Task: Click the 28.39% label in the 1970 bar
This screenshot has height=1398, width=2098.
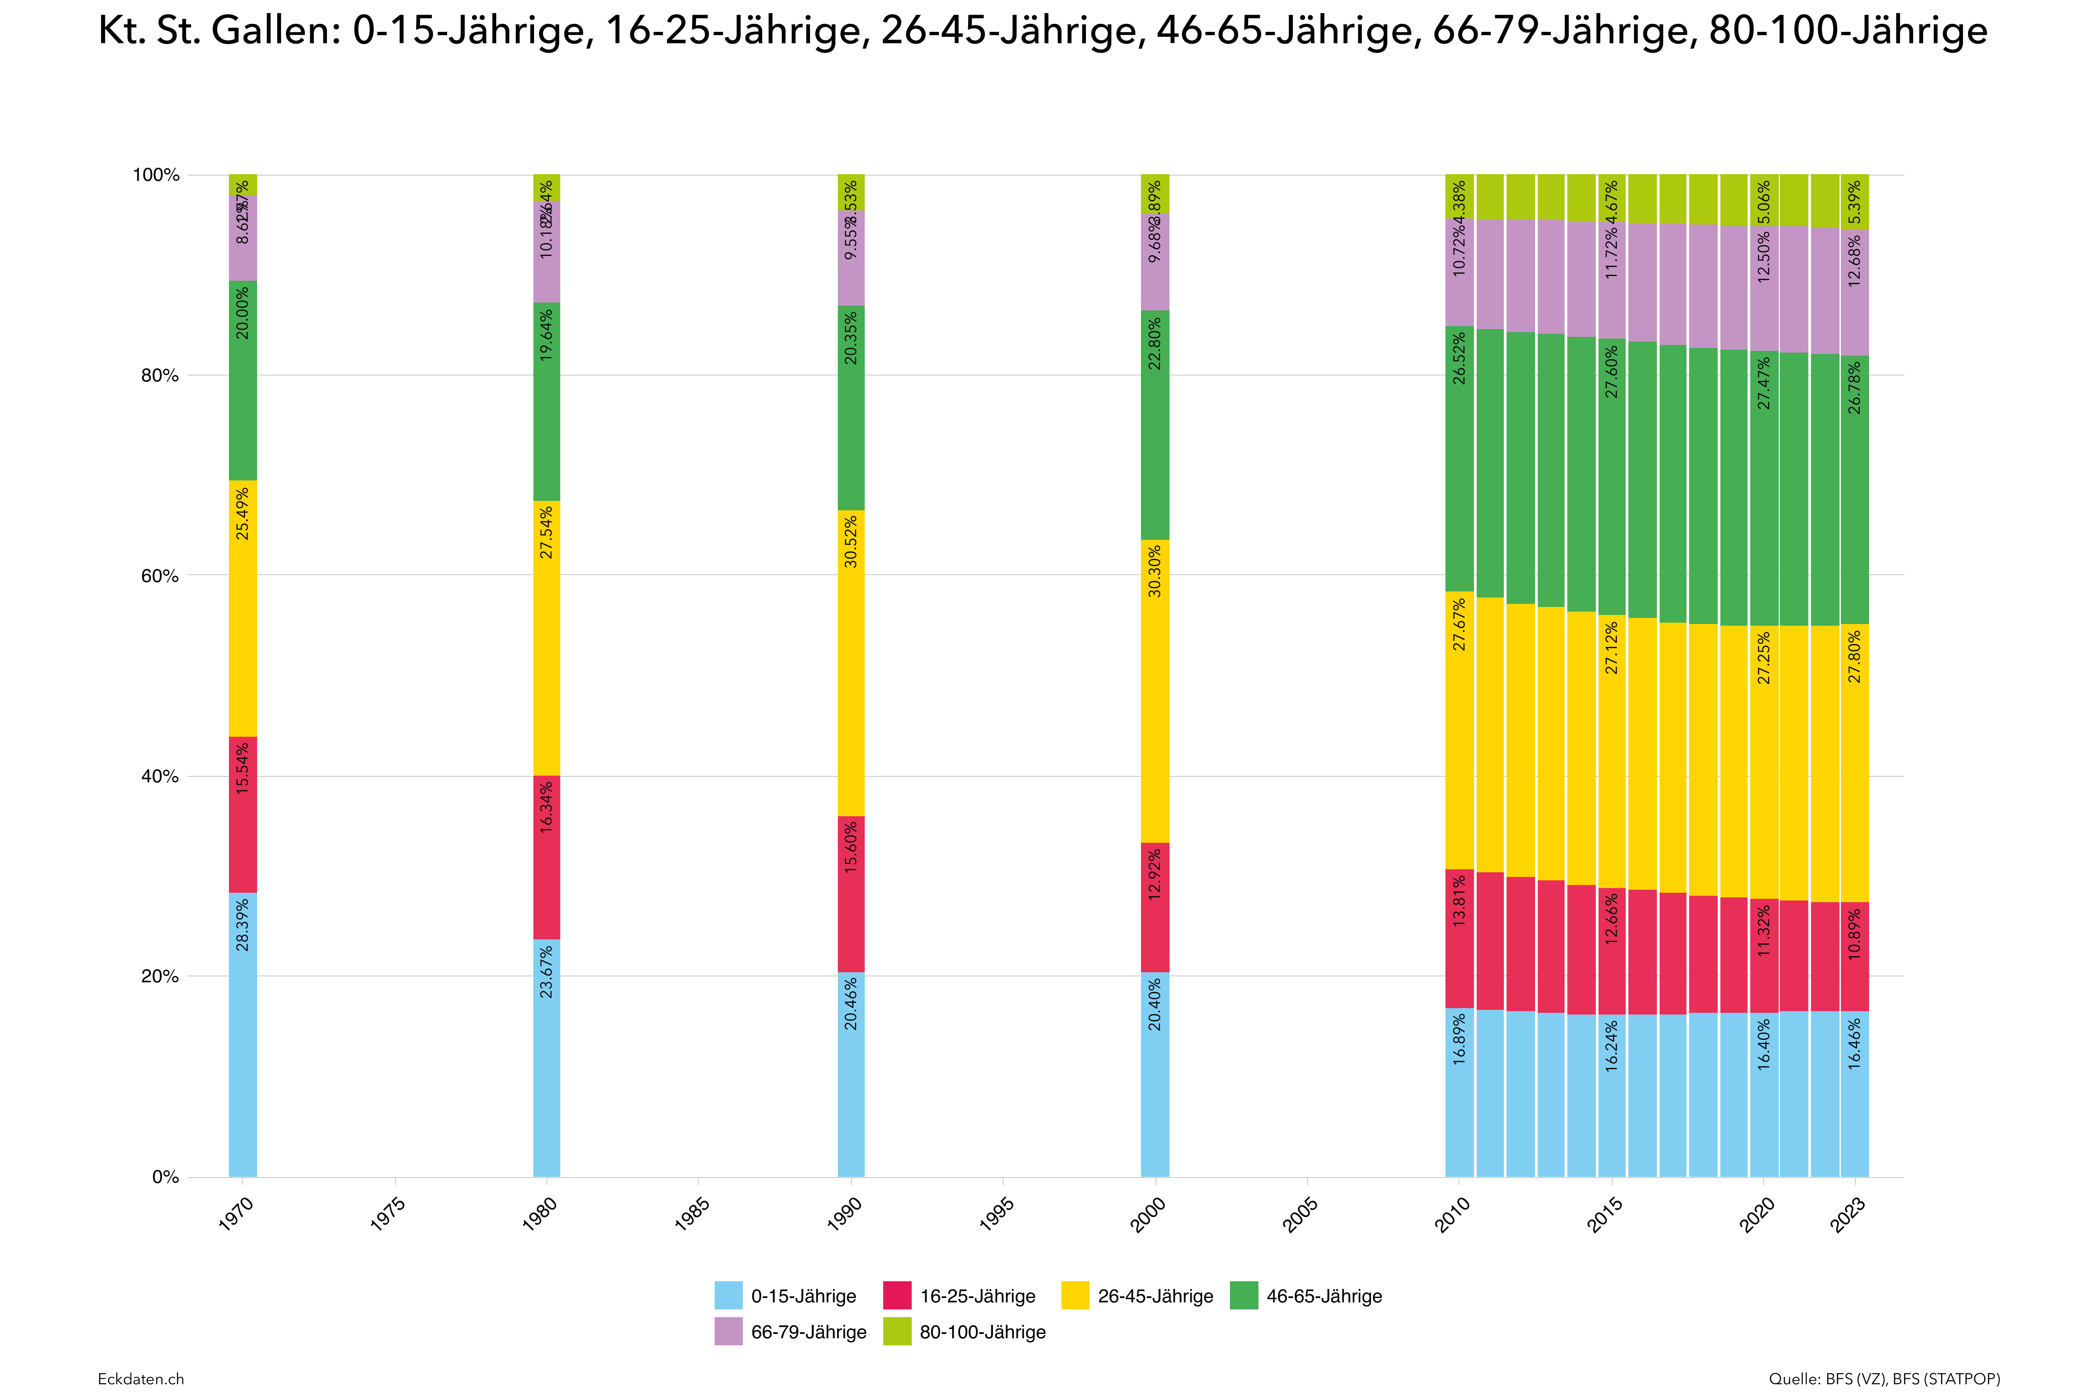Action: click(243, 925)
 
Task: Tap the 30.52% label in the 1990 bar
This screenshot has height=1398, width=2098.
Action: click(851, 541)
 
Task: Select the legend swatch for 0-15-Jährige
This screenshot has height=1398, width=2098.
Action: click(728, 1295)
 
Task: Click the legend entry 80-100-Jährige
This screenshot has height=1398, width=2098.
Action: click(982, 1332)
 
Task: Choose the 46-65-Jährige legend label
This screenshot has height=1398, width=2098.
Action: click(1324, 1295)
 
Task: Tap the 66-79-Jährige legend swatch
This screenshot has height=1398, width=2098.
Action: click(728, 1332)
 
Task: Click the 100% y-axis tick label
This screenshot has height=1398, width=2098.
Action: click(156, 175)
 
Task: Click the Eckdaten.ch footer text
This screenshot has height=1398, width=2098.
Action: click(141, 1379)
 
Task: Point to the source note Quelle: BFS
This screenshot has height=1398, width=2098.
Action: click(1884, 1379)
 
